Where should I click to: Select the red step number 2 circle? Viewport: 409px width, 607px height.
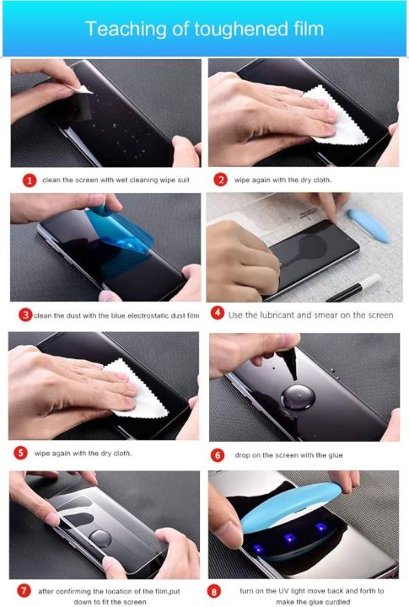[220, 180]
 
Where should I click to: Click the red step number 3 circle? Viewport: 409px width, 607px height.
[26, 314]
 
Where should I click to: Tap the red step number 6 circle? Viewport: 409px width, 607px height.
[217, 455]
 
